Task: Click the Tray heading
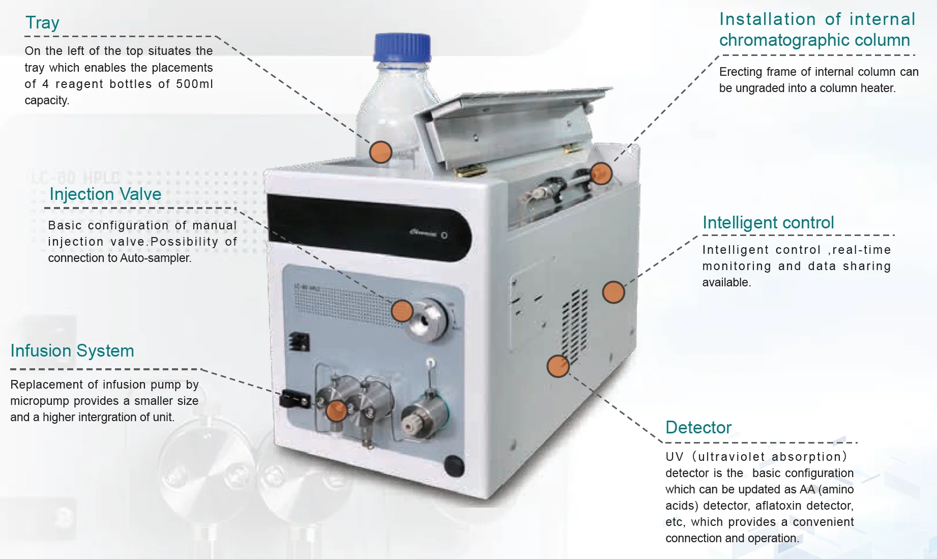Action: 42,23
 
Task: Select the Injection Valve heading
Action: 105,194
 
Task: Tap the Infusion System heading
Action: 72,351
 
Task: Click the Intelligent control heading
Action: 768,223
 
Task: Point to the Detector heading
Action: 698,428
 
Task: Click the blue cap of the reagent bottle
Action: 402,47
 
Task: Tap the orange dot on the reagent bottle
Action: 380,152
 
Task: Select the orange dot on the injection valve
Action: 402,311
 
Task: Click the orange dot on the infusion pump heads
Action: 336,410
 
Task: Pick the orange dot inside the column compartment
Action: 601,173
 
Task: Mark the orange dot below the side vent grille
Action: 558,366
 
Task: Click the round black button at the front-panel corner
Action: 454,466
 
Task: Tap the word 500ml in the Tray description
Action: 194,84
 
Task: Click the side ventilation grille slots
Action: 575,326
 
